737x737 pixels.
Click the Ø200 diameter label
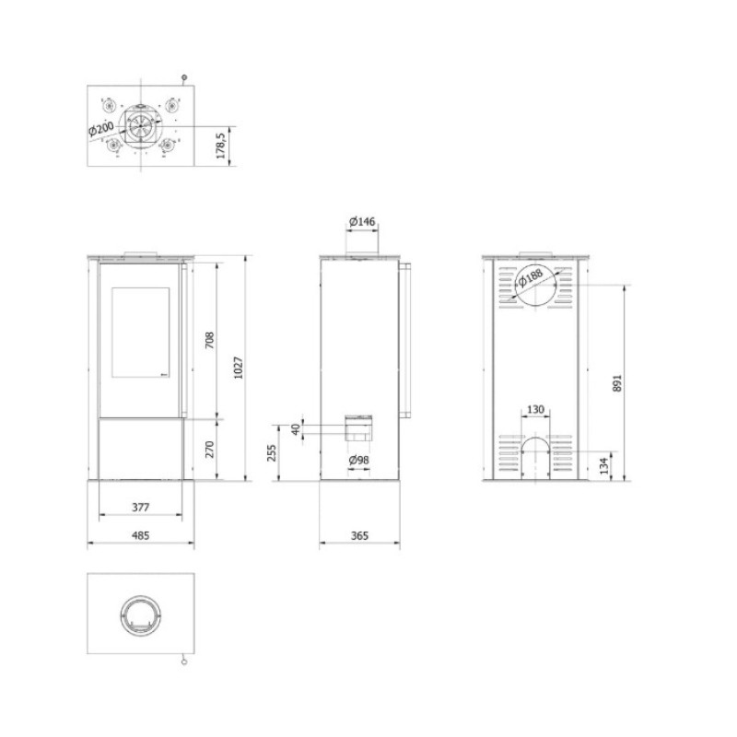pos(101,128)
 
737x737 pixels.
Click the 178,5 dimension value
pos(221,145)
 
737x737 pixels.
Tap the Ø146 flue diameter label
pos(362,221)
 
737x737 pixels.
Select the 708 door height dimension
pos(210,340)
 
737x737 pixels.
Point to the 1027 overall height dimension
pos(239,368)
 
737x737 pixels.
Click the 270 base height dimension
pos(210,450)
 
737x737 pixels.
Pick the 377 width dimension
pos(141,508)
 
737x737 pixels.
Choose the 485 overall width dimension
pos(141,535)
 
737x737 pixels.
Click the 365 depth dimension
pos(359,535)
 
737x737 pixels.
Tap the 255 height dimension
pos(272,452)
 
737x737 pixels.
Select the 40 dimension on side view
pos(296,429)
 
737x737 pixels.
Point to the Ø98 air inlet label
pos(359,460)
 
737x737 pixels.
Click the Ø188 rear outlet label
pos(531,277)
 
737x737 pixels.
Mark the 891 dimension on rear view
pos(617,383)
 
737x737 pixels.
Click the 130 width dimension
pos(535,409)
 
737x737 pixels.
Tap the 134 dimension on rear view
pos(604,465)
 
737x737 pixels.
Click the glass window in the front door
pos(141,333)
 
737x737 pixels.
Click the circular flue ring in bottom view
pos(141,597)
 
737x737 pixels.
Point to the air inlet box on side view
pos(360,427)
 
